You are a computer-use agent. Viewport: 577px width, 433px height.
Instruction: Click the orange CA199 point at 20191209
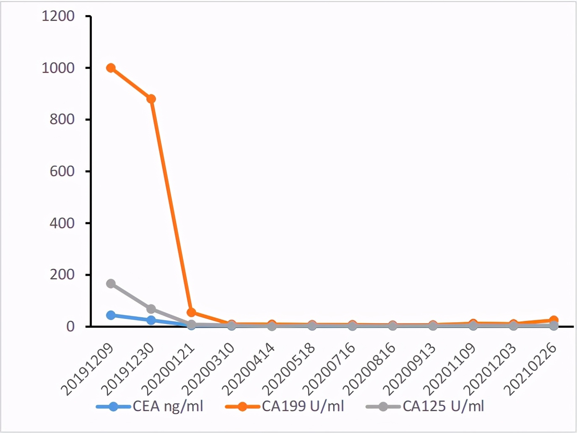(x=111, y=68)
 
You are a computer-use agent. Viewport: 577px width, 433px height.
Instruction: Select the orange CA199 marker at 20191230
(x=151, y=99)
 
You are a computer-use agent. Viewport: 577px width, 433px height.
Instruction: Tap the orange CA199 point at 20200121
(x=191, y=312)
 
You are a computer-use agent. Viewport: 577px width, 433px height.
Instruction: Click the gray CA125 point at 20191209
(x=111, y=284)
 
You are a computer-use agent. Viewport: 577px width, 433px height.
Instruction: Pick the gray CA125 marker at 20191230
(x=151, y=309)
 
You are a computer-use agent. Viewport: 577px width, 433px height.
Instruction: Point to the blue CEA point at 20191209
(x=111, y=315)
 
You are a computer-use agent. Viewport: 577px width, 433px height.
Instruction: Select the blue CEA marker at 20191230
(x=151, y=320)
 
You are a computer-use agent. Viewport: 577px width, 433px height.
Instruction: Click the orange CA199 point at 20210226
(x=554, y=321)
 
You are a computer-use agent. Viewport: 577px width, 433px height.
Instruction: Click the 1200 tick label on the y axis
(x=58, y=16)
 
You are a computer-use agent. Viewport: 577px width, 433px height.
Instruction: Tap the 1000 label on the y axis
(x=58, y=68)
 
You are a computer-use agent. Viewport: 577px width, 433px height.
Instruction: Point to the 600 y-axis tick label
(x=62, y=171)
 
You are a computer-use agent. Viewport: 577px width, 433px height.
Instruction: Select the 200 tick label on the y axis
(x=62, y=275)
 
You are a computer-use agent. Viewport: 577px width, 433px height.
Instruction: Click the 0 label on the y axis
(x=70, y=326)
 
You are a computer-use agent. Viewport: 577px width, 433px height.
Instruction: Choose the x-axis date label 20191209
(x=88, y=369)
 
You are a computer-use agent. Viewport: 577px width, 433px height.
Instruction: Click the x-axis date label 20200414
(x=249, y=369)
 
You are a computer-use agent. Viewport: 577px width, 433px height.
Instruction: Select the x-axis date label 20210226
(x=531, y=369)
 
